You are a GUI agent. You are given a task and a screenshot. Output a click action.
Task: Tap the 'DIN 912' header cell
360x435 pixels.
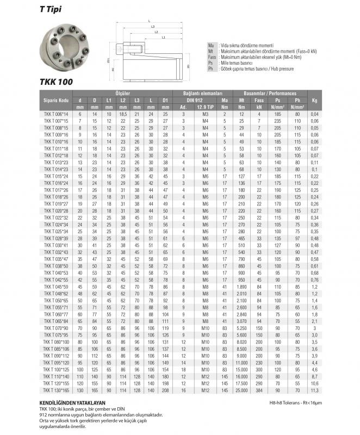195,100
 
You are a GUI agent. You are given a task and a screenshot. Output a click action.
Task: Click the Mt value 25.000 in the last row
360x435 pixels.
241,390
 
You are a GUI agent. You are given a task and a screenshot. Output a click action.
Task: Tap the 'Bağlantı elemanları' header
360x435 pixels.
202,94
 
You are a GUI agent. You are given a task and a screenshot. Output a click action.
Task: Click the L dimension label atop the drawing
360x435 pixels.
148,21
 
